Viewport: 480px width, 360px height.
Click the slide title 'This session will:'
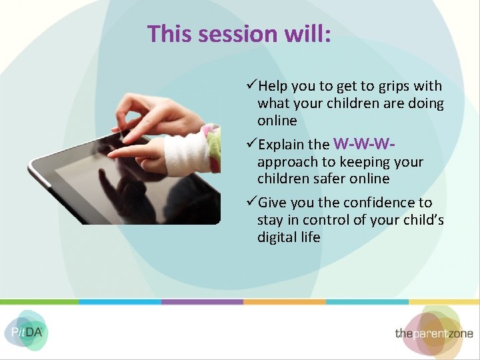click(x=239, y=33)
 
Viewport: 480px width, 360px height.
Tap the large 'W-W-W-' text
click(x=361, y=143)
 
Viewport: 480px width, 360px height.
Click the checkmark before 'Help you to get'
click(x=251, y=86)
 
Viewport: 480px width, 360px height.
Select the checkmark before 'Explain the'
click(x=251, y=145)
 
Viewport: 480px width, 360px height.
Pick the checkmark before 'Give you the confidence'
click(x=251, y=203)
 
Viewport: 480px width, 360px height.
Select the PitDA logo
click(x=25, y=331)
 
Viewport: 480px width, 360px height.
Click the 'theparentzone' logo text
click(x=433, y=333)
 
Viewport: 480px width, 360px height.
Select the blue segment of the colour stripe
click(x=120, y=302)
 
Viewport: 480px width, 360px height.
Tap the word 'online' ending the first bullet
click(x=277, y=121)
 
